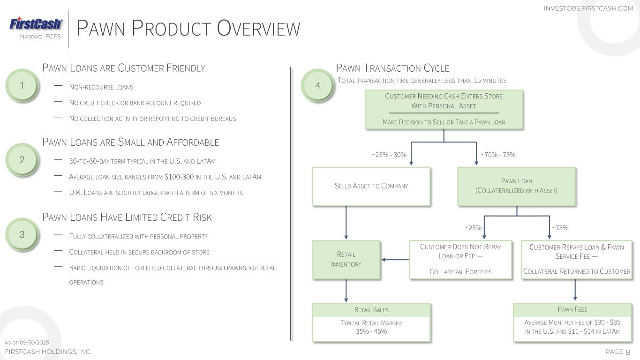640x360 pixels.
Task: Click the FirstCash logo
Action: (x=36, y=24)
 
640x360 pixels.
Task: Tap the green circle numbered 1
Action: (x=22, y=85)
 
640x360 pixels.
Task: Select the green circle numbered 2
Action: (x=22, y=160)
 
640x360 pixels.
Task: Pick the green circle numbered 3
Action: (x=22, y=234)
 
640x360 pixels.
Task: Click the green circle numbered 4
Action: (x=317, y=85)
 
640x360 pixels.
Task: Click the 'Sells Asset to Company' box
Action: (x=371, y=186)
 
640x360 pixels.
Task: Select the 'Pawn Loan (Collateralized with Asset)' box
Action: (x=516, y=186)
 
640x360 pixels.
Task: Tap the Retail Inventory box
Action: (x=346, y=260)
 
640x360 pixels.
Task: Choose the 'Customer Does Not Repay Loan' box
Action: (x=460, y=260)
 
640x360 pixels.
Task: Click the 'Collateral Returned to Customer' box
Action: (x=577, y=260)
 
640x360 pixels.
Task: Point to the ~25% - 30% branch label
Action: (x=389, y=155)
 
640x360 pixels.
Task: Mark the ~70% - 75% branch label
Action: (x=498, y=155)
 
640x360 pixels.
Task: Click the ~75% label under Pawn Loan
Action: (x=560, y=228)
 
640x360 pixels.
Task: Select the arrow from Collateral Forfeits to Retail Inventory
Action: (x=395, y=260)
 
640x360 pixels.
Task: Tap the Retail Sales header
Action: (x=371, y=310)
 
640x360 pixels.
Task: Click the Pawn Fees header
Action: (x=572, y=309)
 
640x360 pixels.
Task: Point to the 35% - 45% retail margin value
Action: (x=371, y=331)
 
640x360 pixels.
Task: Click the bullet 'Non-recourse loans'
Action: (x=101, y=87)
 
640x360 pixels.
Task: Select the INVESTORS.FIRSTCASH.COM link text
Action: (x=588, y=8)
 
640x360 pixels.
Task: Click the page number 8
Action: (x=628, y=352)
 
